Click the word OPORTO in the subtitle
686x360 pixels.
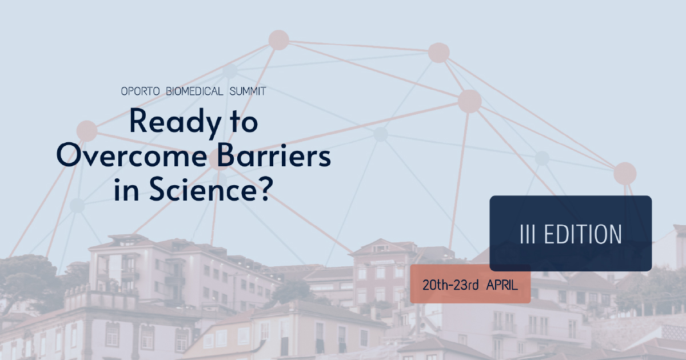pyautogui.click(x=140, y=91)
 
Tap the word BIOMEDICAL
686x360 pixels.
pyautogui.click(x=194, y=91)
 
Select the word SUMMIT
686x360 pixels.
pyautogui.click(x=248, y=91)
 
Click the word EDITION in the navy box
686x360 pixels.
pyautogui.click(x=583, y=234)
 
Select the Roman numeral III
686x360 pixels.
pyautogui.click(x=528, y=234)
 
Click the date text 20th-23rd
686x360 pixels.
pyautogui.click(x=450, y=285)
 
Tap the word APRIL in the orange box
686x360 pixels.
pyautogui.click(x=502, y=285)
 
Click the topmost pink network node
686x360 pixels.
pyautogui.click(x=279, y=40)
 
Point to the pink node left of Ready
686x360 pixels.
pyautogui.click(x=87, y=131)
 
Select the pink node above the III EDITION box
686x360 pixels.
pyautogui.click(x=625, y=174)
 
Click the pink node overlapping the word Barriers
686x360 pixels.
pyautogui.click(x=220, y=159)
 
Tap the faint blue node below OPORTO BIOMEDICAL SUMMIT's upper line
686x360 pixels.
pyautogui.click(x=230, y=71)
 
